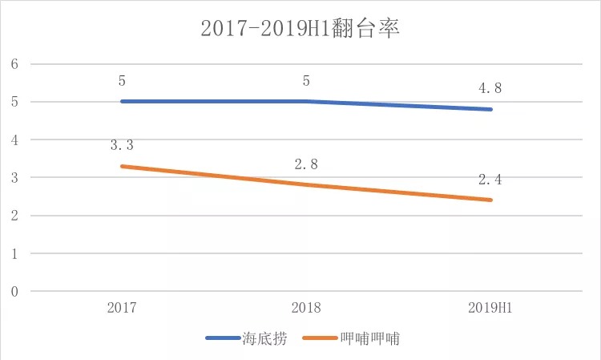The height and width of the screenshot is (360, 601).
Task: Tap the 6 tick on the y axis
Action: [14, 64]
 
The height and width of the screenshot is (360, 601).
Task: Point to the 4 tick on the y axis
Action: [14, 140]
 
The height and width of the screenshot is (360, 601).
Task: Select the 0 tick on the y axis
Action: [14, 292]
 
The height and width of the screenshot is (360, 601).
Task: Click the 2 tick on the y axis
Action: [14, 216]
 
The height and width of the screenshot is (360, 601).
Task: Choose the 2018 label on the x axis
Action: [306, 308]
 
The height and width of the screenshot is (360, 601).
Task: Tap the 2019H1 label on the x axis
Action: [491, 308]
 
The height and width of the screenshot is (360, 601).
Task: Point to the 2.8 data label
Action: [306, 164]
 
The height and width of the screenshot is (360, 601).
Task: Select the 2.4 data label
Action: [490, 180]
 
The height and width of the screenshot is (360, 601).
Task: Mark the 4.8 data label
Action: [490, 89]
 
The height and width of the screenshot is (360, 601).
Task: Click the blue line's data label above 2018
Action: [306, 81]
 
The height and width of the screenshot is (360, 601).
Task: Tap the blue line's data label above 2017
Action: [121, 81]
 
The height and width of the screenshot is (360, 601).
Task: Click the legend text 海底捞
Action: [260, 338]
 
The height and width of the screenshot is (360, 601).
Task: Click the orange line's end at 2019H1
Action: [491, 200]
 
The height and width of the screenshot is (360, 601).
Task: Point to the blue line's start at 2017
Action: [121, 101]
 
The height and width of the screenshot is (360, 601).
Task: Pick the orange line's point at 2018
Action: [306, 184]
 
